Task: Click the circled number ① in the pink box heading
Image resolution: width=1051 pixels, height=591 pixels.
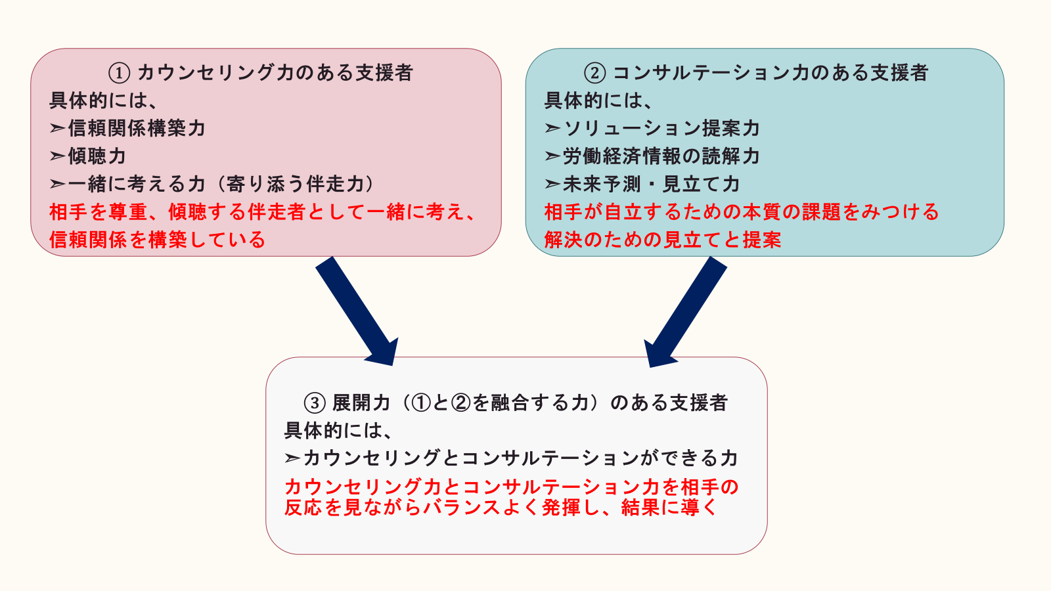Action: (119, 72)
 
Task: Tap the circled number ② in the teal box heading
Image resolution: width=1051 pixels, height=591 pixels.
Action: (594, 72)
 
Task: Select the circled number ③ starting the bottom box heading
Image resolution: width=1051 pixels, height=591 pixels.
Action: (315, 403)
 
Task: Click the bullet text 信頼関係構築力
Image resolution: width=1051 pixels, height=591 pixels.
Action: (137, 128)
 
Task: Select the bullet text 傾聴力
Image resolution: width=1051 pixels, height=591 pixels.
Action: (97, 156)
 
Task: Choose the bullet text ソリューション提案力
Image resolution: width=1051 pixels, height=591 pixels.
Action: (661, 128)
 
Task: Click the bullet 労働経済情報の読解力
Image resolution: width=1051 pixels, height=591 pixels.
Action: (661, 156)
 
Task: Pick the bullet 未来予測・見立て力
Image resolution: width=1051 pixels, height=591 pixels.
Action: (651, 184)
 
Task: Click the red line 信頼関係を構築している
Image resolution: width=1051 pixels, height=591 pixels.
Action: (157, 240)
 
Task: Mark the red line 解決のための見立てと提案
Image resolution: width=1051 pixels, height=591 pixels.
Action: (663, 240)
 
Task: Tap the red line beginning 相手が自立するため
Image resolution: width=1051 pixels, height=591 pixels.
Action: (742, 211)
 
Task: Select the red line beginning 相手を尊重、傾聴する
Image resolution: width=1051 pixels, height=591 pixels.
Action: (263, 211)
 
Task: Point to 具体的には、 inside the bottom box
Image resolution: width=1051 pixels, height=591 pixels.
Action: (339, 431)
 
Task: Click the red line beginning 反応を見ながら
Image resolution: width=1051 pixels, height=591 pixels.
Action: (501, 508)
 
